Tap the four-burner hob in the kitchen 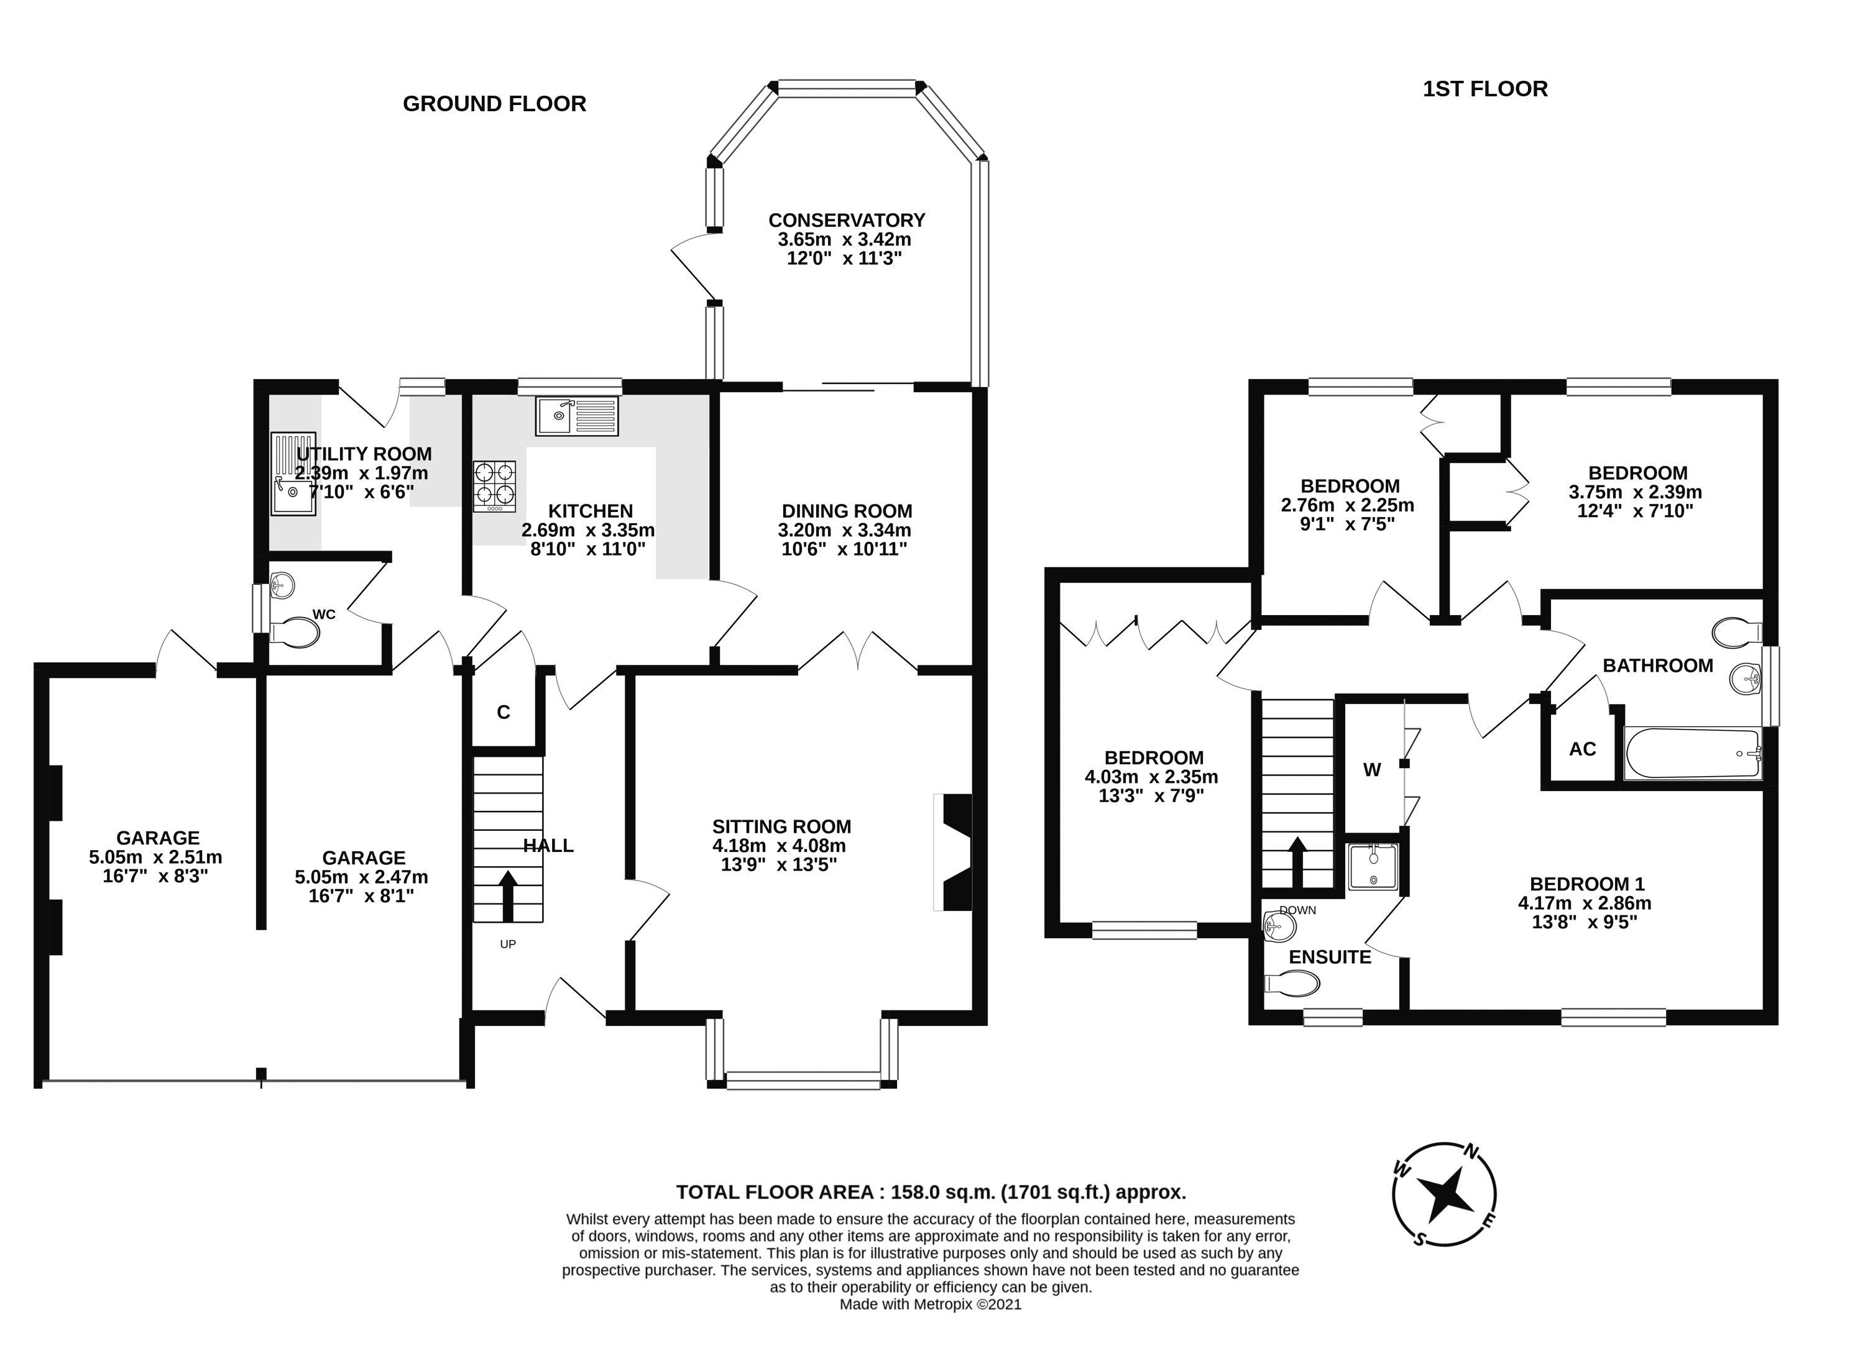pyautogui.click(x=494, y=486)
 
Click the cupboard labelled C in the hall pyautogui.click(x=504, y=711)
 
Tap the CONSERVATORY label pyautogui.click(x=847, y=220)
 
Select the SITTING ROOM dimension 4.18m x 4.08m pyautogui.click(x=779, y=846)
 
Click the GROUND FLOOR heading pyautogui.click(x=494, y=104)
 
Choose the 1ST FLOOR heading pyautogui.click(x=1485, y=89)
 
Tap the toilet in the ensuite pyautogui.click(x=1292, y=984)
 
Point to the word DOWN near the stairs pyautogui.click(x=1297, y=910)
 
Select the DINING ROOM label pyautogui.click(x=847, y=511)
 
